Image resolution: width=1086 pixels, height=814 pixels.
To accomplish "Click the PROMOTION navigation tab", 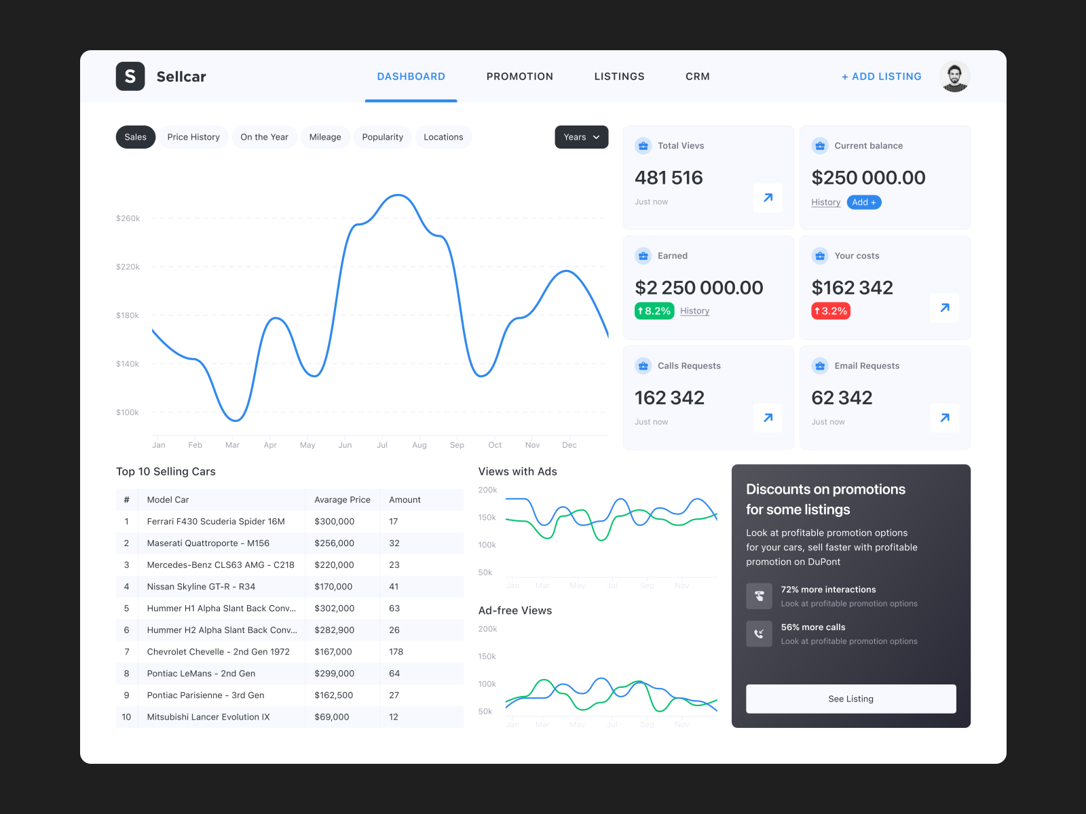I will tap(519, 77).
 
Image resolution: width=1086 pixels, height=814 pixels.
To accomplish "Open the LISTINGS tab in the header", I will tap(619, 77).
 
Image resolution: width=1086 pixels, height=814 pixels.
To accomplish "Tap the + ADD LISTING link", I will tap(881, 77).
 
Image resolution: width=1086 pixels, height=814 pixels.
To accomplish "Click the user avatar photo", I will tap(954, 77).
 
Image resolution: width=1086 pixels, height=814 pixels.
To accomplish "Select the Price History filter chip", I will tap(193, 137).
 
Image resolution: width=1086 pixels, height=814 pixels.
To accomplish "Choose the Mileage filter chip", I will tap(325, 137).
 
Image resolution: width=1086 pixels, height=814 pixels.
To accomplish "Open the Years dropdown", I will tap(581, 137).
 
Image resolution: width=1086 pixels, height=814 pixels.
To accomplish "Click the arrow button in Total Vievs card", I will tap(768, 198).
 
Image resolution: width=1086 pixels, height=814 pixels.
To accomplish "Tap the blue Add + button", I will tap(863, 202).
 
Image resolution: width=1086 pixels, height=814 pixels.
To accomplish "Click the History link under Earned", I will tap(694, 311).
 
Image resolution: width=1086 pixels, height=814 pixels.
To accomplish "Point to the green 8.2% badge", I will tap(654, 311).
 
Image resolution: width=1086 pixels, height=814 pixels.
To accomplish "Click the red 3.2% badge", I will tap(831, 311).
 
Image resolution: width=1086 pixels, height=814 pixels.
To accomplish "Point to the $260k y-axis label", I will tap(128, 218).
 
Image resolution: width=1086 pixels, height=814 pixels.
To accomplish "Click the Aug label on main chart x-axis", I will tap(419, 445).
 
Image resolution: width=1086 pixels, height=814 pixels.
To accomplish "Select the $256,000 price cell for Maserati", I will tap(334, 543).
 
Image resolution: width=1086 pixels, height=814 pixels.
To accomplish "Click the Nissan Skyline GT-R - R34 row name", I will tap(201, 587).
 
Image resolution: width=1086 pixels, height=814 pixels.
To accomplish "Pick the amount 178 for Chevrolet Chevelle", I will tap(396, 652).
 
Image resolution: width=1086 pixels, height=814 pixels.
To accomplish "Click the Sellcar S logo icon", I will tap(130, 77).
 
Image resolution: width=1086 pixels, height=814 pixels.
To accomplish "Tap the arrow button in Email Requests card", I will tap(944, 418).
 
